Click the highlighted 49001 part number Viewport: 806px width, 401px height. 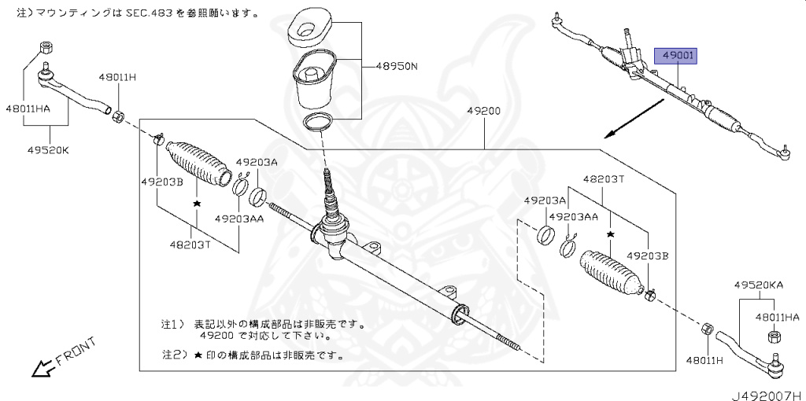(678, 57)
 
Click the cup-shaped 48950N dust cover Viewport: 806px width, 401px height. (314, 80)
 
